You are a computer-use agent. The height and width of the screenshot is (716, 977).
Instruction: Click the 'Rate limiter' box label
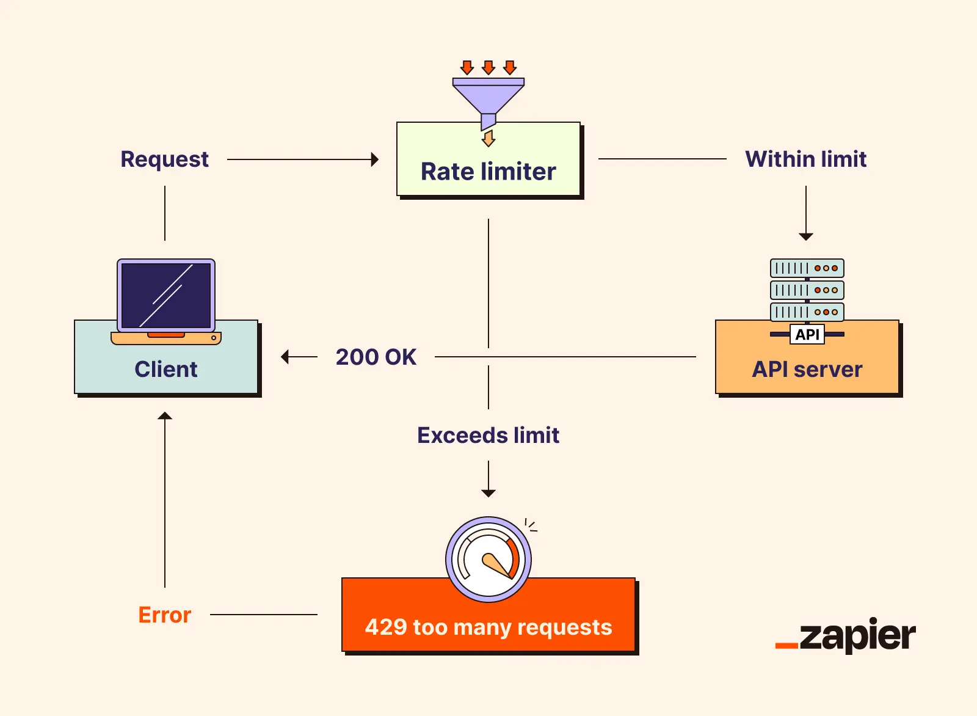click(x=488, y=172)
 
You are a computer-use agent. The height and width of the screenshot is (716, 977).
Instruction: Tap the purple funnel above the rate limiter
click(x=488, y=98)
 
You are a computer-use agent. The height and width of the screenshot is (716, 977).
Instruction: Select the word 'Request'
click(x=164, y=159)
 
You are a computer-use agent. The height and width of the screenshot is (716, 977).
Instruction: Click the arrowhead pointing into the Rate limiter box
click(x=375, y=159)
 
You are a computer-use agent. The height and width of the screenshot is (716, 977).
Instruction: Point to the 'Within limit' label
click(x=805, y=159)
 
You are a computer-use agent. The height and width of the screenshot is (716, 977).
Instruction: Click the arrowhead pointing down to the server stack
click(x=806, y=236)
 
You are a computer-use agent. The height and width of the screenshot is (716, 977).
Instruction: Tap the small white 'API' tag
click(x=807, y=334)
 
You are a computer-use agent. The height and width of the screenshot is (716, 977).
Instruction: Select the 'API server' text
click(x=807, y=369)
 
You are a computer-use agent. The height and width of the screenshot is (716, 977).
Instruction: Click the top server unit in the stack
click(x=807, y=268)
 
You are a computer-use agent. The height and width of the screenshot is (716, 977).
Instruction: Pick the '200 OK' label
click(x=376, y=357)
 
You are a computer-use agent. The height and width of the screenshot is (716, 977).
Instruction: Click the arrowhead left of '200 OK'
click(x=285, y=357)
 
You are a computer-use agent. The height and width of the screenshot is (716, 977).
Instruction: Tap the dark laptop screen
click(x=166, y=296)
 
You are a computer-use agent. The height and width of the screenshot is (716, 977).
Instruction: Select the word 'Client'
click(x=166, y=369)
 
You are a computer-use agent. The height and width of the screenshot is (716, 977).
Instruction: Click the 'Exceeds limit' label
click(x=488, y=435)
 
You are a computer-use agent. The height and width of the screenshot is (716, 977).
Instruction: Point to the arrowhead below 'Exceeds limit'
click(x=488, y=492)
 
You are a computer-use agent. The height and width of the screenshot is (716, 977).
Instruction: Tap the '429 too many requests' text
click(x=488, y=627)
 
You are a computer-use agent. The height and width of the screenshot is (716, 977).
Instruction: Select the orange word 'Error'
click(x=164, y=615)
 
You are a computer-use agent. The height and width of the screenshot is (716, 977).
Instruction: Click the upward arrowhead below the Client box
click(x=165, y=416)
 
